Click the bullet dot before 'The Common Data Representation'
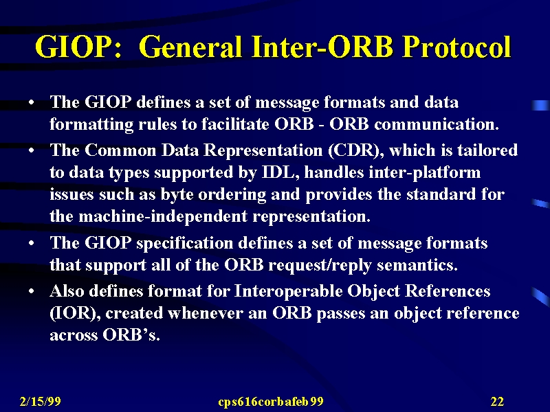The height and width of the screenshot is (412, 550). (x=32, y=150)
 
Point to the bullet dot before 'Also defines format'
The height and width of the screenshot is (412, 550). (x=32, y=291)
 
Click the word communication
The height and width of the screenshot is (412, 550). (x=437, y=124)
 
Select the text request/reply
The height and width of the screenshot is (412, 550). (x=320, y=266)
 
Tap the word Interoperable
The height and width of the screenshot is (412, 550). (x=288, y=291)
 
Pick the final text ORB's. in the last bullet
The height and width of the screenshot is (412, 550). (x=131, y=335)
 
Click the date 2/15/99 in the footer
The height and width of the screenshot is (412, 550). (x=41, y=401)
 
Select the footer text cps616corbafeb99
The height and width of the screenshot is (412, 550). (x=270, y=402)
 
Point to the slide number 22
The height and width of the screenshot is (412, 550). (x=497, y=401)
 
